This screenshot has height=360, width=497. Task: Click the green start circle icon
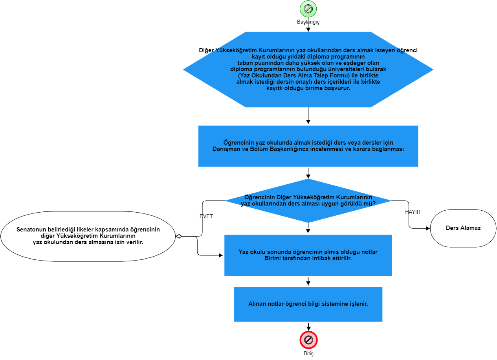coord(308,9)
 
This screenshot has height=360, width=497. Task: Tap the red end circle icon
coord(308,340)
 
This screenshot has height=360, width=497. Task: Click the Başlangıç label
coord(308,22)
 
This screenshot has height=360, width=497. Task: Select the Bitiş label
coord(308,353)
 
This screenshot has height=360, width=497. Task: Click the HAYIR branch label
coord(413,212)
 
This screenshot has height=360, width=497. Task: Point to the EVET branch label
coord(206,216)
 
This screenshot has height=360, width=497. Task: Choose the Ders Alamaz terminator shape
coord(463,228)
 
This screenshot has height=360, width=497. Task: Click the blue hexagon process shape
coord(308,70)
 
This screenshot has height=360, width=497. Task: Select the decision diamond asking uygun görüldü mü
coord(308,201)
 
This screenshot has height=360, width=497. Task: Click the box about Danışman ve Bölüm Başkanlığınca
coord(308,146)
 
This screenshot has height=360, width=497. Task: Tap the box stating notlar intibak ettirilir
coord(308,255)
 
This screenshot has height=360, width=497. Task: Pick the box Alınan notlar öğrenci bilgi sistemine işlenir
coord(308,304)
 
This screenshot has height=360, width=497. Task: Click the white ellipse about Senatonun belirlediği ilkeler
coord(88,236)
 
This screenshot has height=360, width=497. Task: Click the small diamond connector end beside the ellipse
coord(179,236)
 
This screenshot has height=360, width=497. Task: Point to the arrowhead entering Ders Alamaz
coord(428,228)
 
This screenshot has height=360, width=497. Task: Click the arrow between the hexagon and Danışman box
coord(308,116)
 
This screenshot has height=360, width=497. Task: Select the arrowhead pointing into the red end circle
coord(308,328)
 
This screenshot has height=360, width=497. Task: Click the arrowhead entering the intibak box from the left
coord(221,255)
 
